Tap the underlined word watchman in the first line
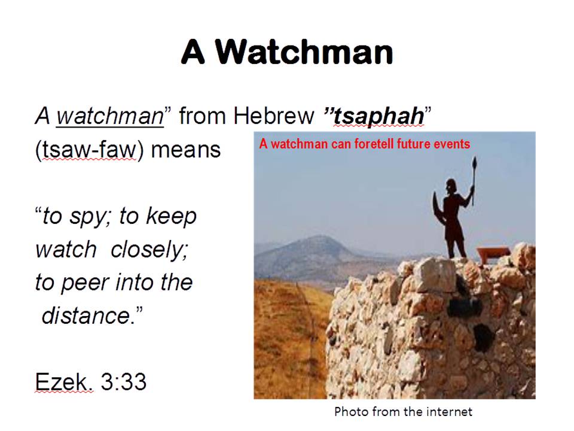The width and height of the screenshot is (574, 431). [x=110, y=116]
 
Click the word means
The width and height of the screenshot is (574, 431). [x=185, y=150]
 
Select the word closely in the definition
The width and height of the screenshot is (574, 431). [x=149, y=250]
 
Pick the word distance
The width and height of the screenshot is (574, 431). [x=86, y=315]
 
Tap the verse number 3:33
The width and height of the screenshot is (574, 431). [x=123, y=381]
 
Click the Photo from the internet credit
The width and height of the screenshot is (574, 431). [x=403, y=412]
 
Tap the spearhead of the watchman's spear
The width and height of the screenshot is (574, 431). [x=475, y=163]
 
